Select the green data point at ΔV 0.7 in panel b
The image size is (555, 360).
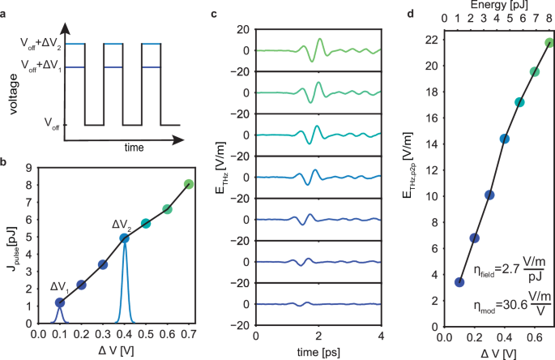[189, 184]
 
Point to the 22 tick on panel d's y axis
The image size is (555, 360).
[429, 41]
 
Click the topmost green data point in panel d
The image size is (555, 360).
[549, 43]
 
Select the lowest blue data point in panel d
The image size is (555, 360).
[459, 282]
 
